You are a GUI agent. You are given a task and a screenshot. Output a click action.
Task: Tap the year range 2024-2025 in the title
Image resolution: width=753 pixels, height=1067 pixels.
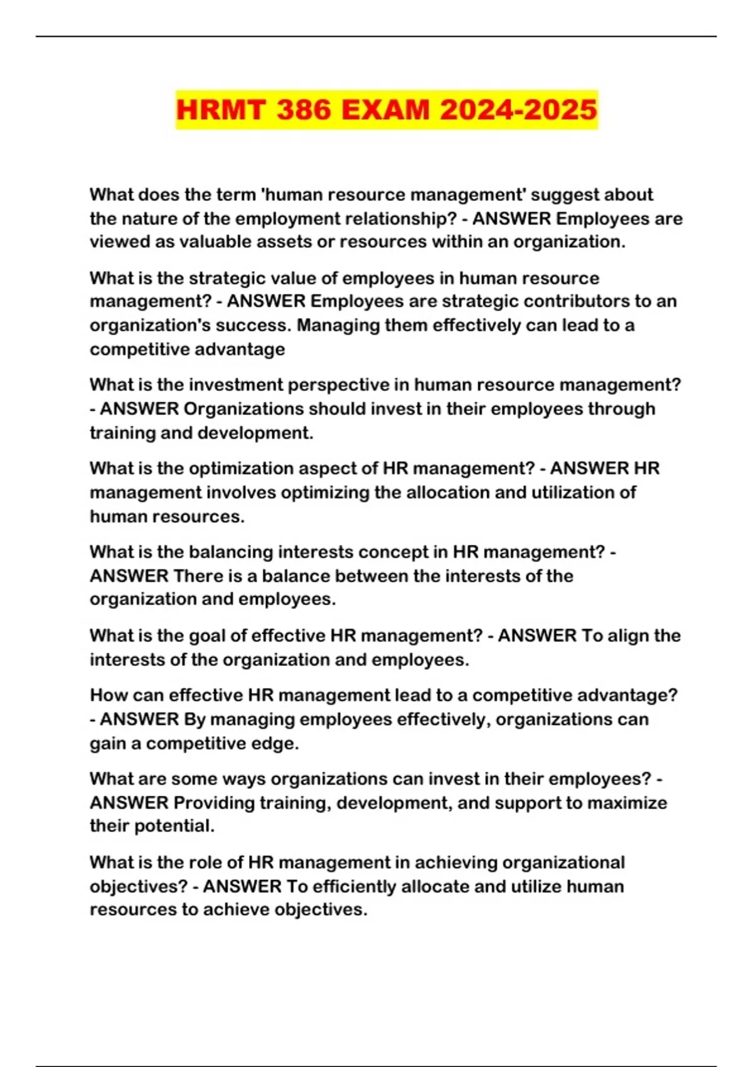coord(518,110)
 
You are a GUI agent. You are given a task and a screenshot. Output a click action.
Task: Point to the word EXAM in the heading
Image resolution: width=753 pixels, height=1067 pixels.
coord(385,110)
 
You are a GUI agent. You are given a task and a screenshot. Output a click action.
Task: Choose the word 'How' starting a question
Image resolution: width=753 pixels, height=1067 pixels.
coord(108,695)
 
